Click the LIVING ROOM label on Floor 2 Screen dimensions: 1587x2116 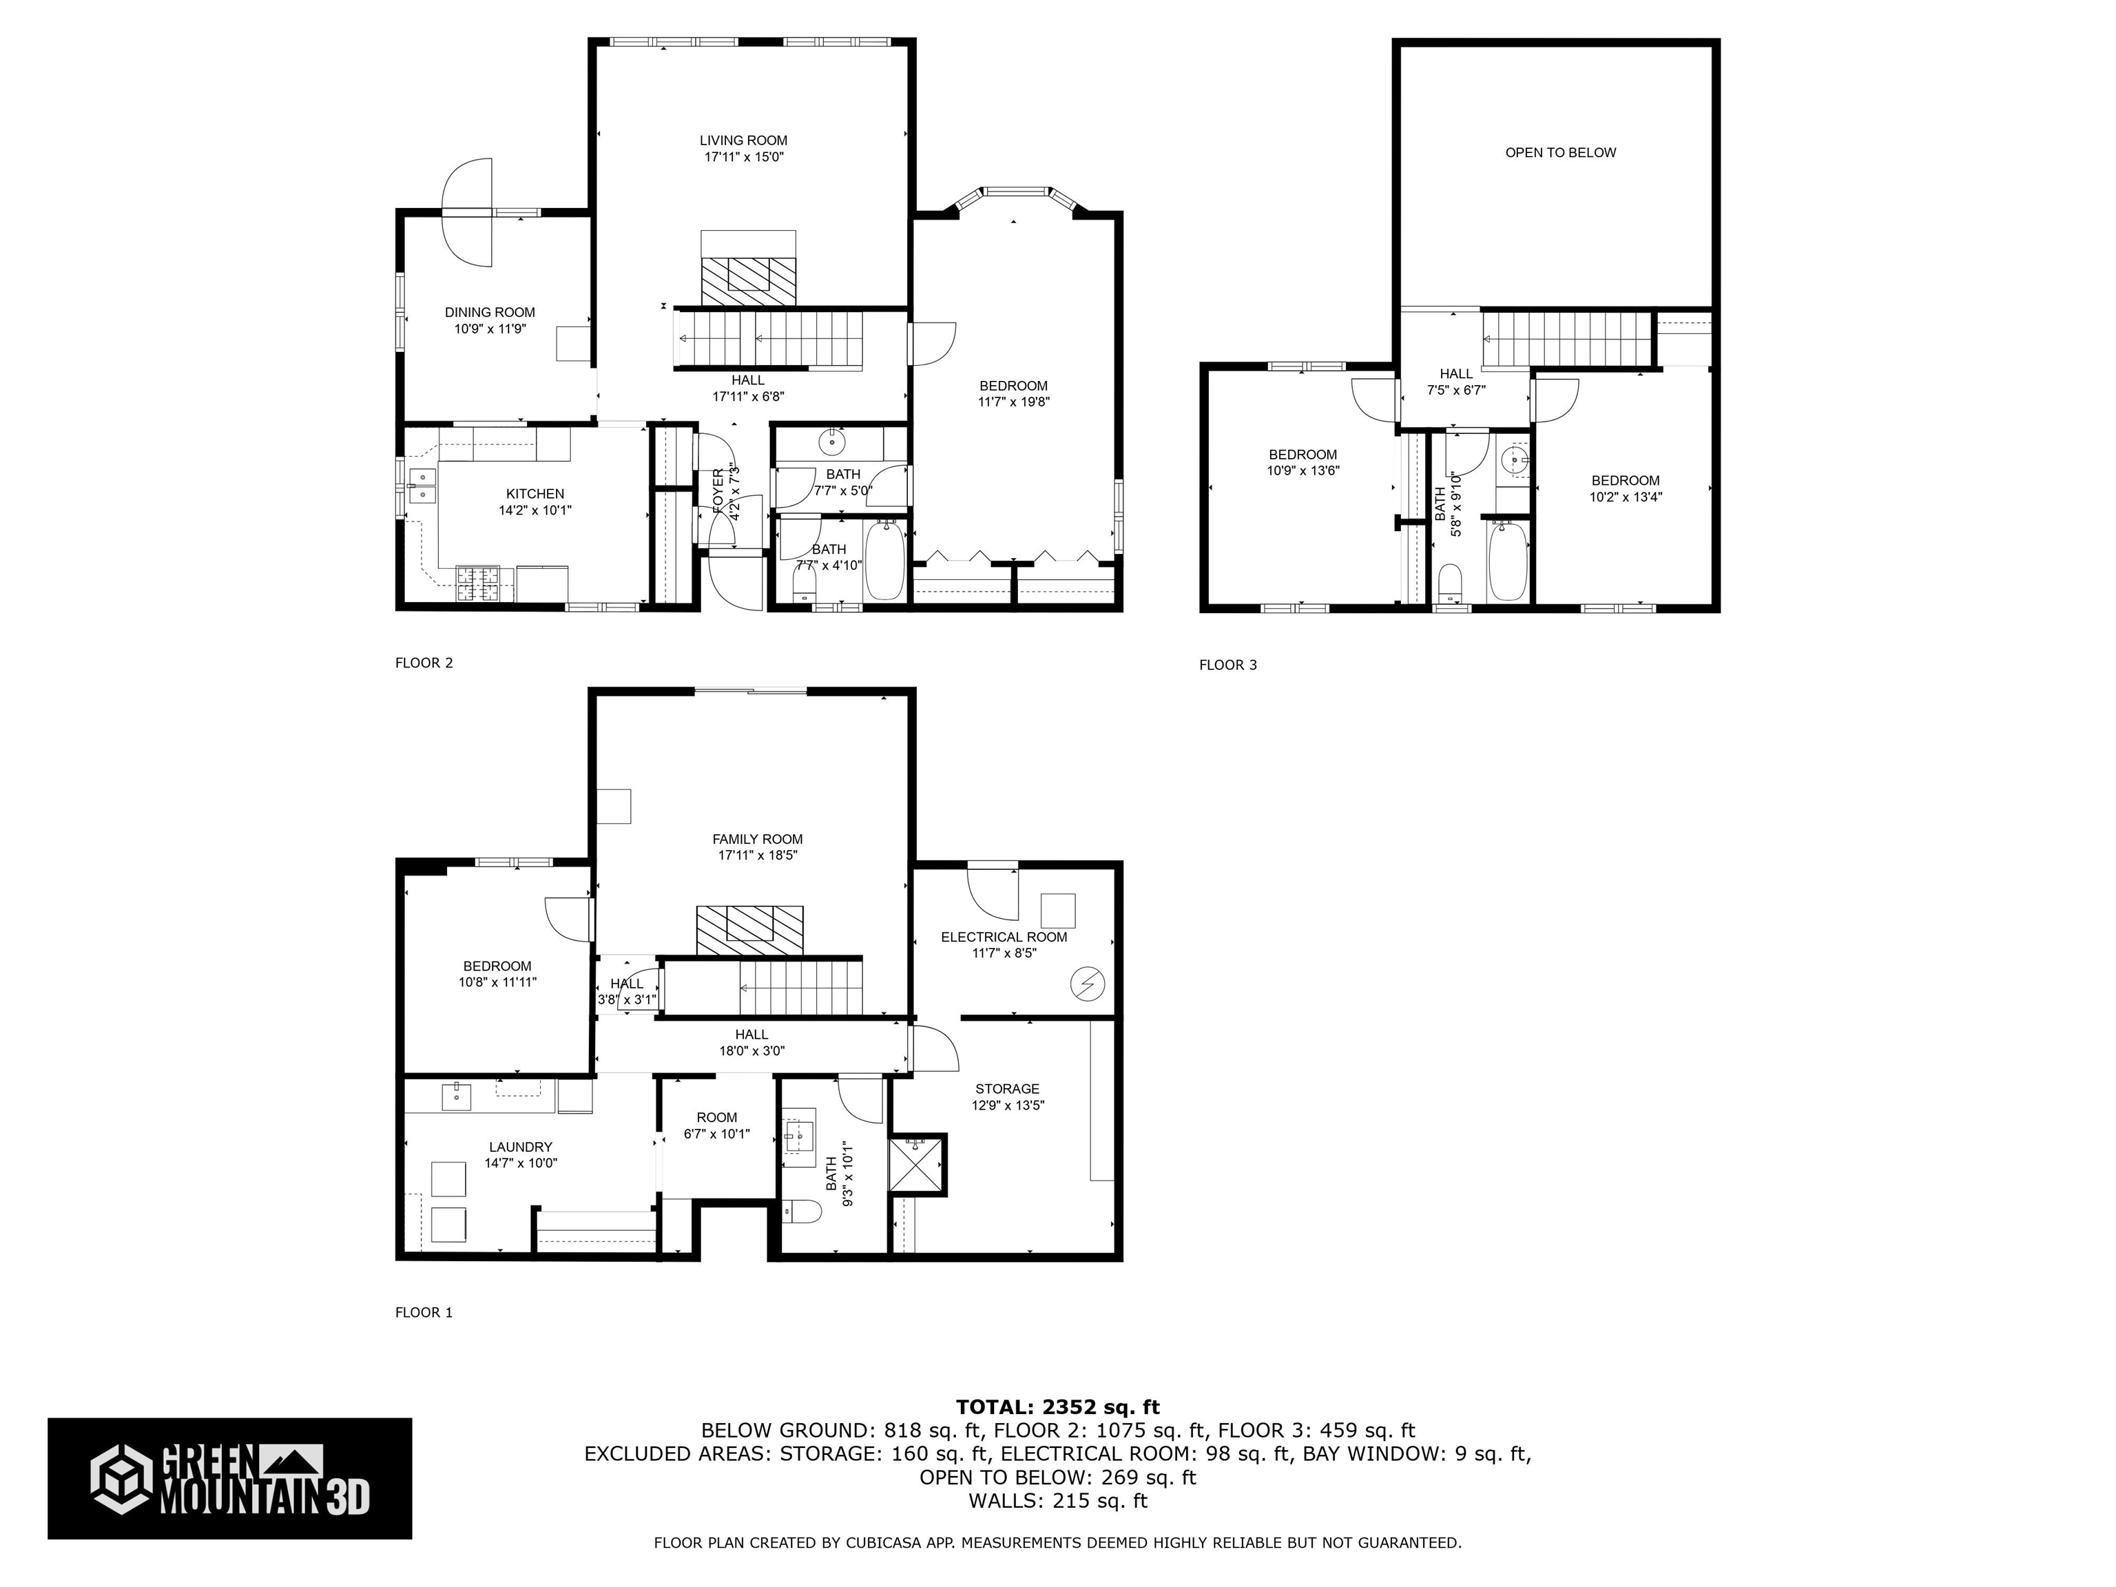[743, 141]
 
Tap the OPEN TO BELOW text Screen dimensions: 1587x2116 [1560, 152]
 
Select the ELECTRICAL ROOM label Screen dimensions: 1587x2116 [1004, 937]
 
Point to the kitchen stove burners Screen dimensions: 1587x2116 [478, 583]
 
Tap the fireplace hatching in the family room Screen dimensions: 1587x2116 [749, 930]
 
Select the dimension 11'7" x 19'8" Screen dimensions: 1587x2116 [1014, 402]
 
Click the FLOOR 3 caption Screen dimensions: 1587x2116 [1227, 665]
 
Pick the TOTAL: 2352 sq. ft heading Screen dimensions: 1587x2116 [1057, 1407]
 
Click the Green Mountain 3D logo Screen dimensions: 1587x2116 [229, 1478]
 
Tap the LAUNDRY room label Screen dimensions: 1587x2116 [521, 1147]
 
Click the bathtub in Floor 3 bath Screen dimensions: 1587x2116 [1508, 561]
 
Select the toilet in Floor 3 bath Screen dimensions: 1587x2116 [1451, 583]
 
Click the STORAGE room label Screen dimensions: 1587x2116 [1007, 1088]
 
